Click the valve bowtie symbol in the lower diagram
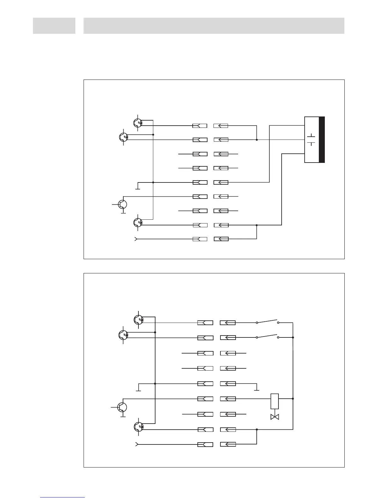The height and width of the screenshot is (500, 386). [x=275, y=417]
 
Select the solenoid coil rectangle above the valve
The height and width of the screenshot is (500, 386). [x=275, y=401]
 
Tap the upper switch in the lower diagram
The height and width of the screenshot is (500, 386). [x=267, y=322]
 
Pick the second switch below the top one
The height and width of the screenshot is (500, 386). [x=267, y=336]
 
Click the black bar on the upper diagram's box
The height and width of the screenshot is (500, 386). [x=322, y=140]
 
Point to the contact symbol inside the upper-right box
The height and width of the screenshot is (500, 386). [x=311, y=140]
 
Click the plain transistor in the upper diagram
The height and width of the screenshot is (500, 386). [x=123, y=205]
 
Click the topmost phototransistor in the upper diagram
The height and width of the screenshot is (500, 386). [x=138, y=123]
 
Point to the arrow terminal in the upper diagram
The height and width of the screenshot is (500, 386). [x=136, y=239]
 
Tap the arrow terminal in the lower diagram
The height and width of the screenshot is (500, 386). [x=137, y=444]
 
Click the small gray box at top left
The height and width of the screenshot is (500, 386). [x=54, y=26]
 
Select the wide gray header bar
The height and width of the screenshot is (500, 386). [x=214, y=26]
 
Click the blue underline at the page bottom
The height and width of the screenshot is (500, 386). [x=62, y=497]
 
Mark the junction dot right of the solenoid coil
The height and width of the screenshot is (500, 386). [x=293, y=399]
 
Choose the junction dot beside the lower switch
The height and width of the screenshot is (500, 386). [x=293, y=337]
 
